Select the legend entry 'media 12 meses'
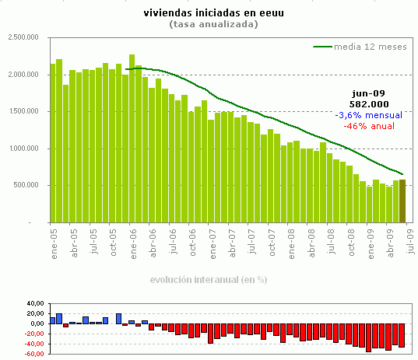coord(370,47)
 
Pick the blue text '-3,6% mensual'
coord(369,114)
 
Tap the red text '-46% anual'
coord(369,125)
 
